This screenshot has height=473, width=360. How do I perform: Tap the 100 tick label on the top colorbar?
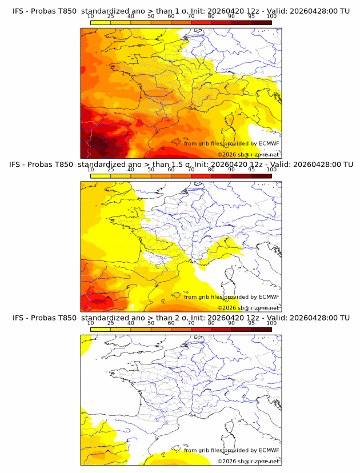tap(271, 16)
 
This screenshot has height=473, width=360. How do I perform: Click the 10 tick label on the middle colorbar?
tap(90, 170)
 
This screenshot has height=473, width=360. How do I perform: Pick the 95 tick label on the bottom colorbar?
tap(251, 323)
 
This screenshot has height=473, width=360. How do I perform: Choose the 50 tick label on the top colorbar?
tap(151, 16)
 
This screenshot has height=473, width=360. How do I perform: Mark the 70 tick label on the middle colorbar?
tap(191, 170)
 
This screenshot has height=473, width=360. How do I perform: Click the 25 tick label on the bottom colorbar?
tap(111, 323)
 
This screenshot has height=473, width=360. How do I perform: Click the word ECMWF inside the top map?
tap(269, 143)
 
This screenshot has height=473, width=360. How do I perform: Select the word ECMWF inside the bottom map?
tap(269, 450)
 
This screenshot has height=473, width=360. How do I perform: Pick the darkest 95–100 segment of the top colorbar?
tap(261, 22)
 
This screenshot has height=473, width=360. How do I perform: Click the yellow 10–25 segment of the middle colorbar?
tap(101, 176)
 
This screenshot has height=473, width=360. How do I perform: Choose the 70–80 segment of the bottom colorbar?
tap(201, 329)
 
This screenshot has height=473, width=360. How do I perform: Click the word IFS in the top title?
tap(18, 11)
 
